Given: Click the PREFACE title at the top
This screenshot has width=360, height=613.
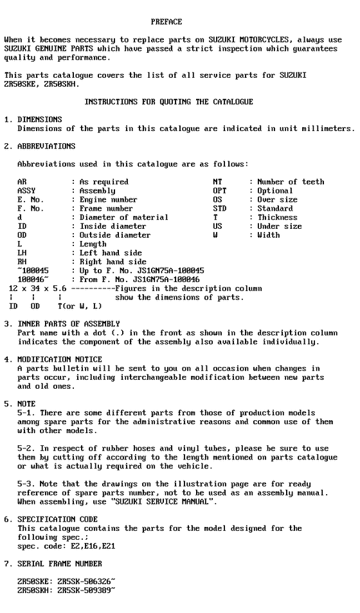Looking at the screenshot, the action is click(x=166, y=22).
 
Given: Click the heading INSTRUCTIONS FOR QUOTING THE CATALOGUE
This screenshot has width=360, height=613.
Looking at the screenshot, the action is click(x=168, y=102).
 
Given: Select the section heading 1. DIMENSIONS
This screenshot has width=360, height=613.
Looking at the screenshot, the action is click(x=33, y=120).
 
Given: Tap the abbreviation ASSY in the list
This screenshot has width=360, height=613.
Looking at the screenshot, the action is click(x=26, y=191).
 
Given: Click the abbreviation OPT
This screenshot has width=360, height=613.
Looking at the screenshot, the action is click(x=220, y=191).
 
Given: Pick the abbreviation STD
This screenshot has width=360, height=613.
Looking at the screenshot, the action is click(x=220, y=209).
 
